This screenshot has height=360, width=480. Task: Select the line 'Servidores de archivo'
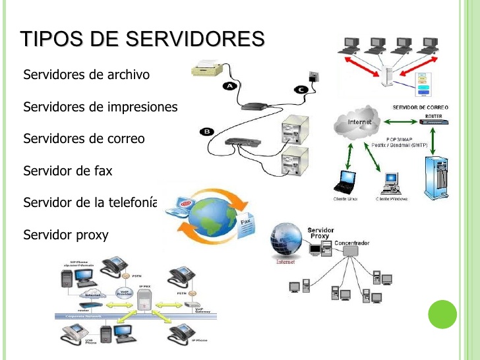pyautogui.click(x=86, y=75)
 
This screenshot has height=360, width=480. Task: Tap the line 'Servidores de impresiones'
pyautogui.click(x=100, y=107)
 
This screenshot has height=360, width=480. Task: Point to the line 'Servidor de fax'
pyautogui.click(x=68, y=171)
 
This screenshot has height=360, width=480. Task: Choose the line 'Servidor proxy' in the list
pyautogui.click(x=65, y=235)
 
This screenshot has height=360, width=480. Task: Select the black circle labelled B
pyautogui.click(x=207, y=133)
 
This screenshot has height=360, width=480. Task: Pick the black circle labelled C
pyautogui.click(x=301, y=90)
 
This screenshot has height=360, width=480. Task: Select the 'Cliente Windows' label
pyautogui.click(x=392, y=198)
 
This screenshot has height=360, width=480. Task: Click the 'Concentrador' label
pyautogui.click(x=351, y=243)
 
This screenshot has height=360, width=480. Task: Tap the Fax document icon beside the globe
pyautogui.click(x=249, y=224)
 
